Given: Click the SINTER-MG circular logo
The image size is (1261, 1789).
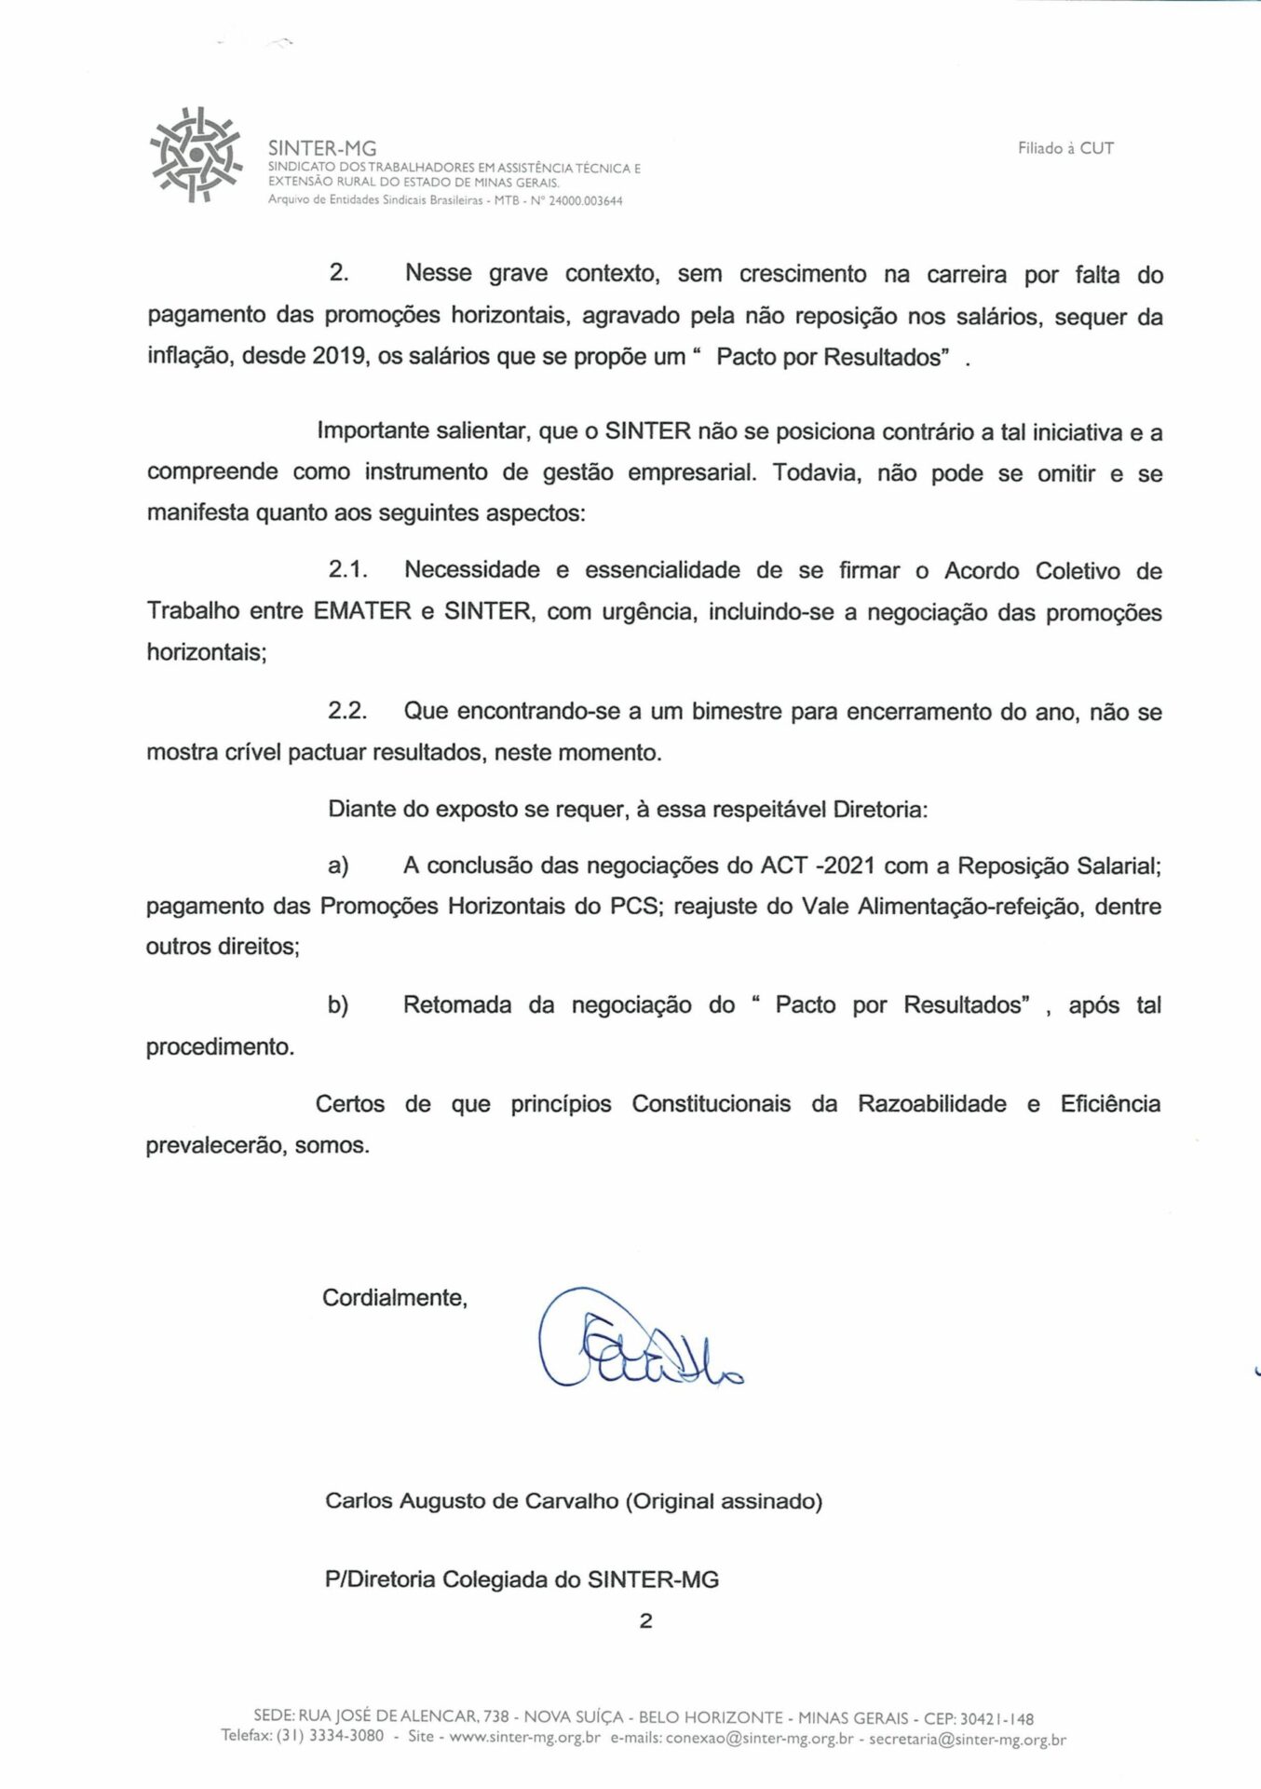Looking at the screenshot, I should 196,155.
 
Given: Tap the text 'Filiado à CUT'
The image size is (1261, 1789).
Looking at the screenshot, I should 1065,148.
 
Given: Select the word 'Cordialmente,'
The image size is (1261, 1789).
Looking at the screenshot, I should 395,1298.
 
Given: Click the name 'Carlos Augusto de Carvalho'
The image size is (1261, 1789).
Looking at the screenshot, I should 471,1501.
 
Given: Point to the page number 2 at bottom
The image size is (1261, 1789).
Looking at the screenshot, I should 646,1620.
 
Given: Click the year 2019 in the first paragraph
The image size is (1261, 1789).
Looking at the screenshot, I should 338,357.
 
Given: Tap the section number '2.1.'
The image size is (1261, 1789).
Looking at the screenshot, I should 347,569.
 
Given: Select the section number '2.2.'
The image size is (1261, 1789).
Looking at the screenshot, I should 347,711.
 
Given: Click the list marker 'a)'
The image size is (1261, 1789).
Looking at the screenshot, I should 338,866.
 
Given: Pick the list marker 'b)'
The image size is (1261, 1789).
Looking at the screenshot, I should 338,1005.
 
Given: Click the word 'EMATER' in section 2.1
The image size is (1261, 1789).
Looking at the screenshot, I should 362,611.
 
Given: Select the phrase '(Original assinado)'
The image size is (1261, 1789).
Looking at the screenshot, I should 724,1501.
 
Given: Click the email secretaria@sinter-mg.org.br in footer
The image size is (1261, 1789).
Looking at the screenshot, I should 968,1739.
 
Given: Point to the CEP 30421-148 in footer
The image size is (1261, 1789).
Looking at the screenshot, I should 997,1718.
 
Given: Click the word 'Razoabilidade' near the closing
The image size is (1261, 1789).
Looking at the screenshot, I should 931,1104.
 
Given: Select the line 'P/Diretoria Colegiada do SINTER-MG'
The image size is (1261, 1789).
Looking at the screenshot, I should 522,1579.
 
